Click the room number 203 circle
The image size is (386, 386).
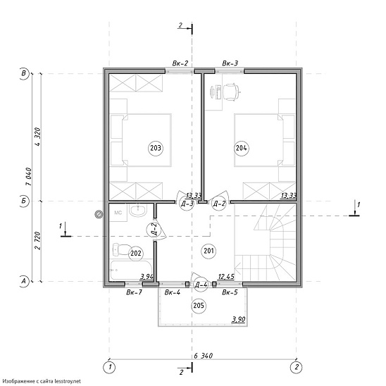[x=156, y=148]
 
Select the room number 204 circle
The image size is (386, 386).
[x=241, y=148]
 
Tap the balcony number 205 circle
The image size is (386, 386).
[x=199, y=306]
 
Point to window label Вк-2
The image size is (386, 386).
[x=180, y=63]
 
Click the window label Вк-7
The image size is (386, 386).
[x=134, y=292]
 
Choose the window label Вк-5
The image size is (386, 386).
[x=230, y=292]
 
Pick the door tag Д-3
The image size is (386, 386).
[x=187, y=204]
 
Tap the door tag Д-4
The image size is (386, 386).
[x=201, y=285]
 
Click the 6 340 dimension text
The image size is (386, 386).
[x=203, y=356]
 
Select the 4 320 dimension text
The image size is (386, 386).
[x=37, y=137]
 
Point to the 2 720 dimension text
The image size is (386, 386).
[x=37, y=240]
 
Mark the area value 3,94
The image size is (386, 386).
[x=147, y=277]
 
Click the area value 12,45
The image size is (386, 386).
[x=226, y=277]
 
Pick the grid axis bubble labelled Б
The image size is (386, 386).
[x=24, y=201]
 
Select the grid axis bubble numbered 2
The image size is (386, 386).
[x=296, y=367]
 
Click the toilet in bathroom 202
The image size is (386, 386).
[x=121, y=249]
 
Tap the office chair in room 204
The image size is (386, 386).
[x=232, y=92]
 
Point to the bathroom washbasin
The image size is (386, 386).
[x=138, y=210]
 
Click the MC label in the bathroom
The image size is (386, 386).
[x=118, y=213]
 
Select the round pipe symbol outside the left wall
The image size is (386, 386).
[x=99, y=214]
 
